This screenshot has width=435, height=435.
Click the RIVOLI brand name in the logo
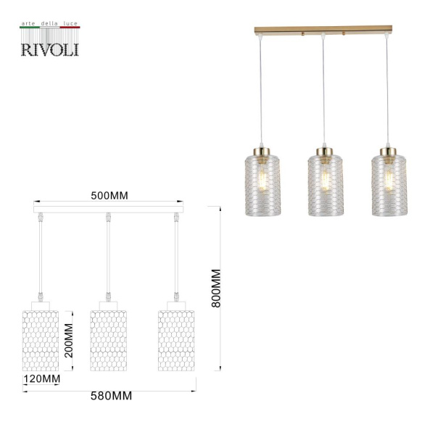point(49,49)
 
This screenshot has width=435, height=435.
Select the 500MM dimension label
point(108,196)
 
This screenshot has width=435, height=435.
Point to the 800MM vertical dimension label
point(216,289)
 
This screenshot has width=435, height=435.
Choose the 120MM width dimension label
point(41,378)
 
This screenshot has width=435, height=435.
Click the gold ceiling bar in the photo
point(323,30)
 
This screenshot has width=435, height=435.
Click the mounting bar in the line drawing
point(108,210)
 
